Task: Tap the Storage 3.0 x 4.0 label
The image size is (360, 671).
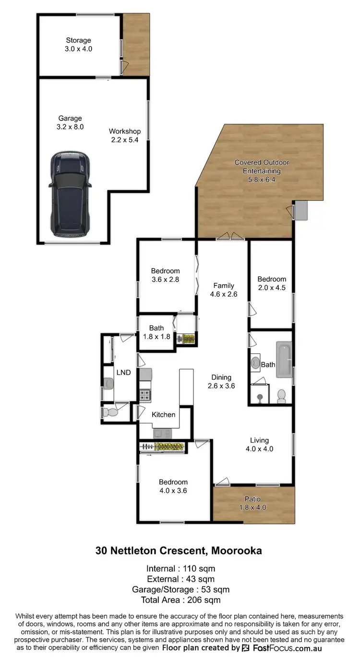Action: coord(79,45)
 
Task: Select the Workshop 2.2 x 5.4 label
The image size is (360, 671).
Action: coord(125,135)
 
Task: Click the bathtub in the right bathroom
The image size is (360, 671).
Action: coord(284,359)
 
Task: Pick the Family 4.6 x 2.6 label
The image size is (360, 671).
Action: coord(224,290)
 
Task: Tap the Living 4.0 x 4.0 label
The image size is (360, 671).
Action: coord(259,444)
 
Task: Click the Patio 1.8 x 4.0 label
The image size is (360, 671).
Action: coord(252,503)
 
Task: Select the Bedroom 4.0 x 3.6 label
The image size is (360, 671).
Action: coord(173,486)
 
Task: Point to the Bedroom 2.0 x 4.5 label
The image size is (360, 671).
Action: coord(272,283)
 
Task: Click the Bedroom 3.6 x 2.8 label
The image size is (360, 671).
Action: coord(165,275)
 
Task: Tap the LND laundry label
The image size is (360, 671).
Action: coord(124,372)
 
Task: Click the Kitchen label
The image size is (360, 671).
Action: coord(164,414)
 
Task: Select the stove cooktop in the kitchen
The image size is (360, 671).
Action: coord(145,395)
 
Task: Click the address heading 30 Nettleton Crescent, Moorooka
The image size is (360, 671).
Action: coord(179,551)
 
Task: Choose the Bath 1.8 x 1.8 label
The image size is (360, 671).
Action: coord(156,332)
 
